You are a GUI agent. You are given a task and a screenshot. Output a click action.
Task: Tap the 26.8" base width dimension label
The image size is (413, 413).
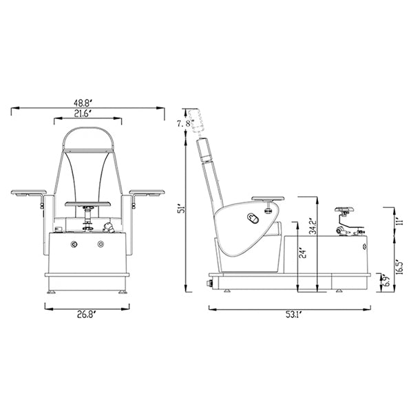pos(87,316)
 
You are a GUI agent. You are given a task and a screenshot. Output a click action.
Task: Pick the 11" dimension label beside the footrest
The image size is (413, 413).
pos(399,220)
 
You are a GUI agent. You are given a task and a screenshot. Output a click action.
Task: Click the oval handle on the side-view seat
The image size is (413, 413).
pos(252,220)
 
